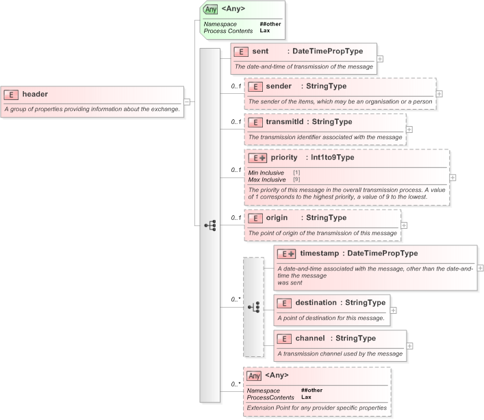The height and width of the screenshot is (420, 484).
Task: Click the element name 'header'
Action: coord(35,95)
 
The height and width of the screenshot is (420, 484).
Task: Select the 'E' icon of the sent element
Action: coord(240,52)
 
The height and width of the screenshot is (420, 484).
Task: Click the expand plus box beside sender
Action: coord(440,94)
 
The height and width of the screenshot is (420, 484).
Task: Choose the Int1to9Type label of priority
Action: coord(332,158)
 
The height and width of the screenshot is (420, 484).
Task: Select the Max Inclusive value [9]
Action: coord(296,179)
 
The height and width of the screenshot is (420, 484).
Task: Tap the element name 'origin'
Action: coord(277,218)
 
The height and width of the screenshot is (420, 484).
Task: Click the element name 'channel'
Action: coord(310,338)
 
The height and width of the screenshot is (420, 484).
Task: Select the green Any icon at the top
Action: coord(211,9)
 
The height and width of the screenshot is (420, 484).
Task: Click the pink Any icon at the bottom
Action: coord(254,375)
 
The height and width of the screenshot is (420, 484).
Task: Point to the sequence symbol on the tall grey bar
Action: coord(210,225)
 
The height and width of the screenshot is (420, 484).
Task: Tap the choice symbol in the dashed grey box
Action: coord(253,307)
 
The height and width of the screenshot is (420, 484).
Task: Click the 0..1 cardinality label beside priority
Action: coord(235,170)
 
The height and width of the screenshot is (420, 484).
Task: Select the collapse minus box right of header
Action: coord(188,102)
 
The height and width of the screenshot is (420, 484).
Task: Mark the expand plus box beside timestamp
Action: coord(480,268)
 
